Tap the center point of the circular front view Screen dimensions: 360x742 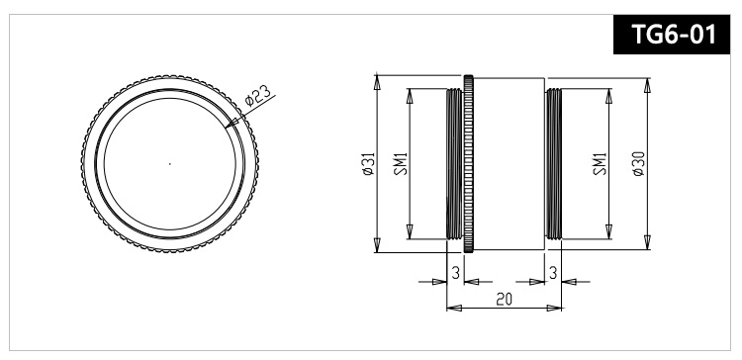169,163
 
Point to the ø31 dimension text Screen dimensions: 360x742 367,163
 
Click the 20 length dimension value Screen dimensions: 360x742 504,298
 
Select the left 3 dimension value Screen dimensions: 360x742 455,271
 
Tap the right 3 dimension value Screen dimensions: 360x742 552,271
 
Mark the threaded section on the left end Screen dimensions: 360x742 455,163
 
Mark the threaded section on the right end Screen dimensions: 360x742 553,163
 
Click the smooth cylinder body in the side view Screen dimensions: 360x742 510,163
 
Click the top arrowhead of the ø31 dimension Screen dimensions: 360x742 377,79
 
